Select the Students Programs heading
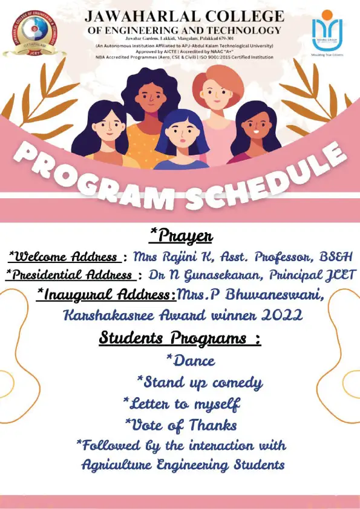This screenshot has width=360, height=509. point(180,337)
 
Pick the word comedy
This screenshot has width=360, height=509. point(237,382)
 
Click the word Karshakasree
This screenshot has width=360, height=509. point(103,316)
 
